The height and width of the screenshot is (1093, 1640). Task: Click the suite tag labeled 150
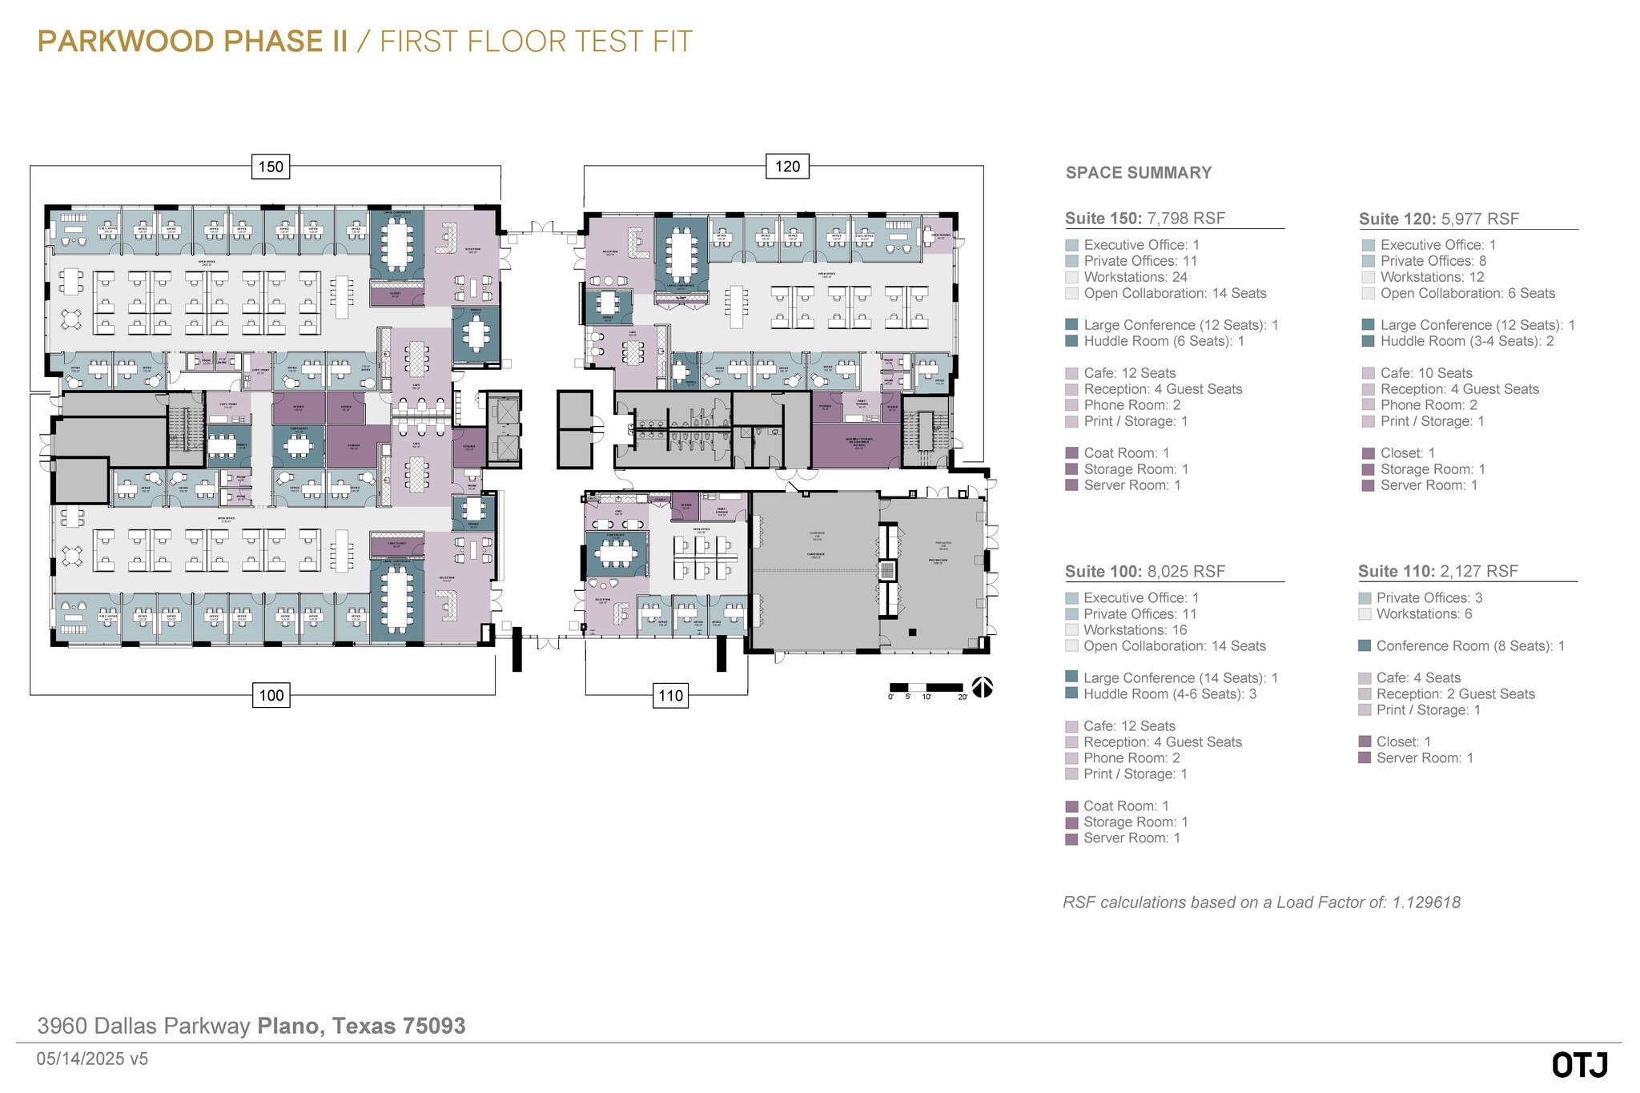(271, 167)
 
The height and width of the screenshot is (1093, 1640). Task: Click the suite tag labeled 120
(787, 167)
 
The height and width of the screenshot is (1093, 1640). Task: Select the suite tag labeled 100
(271, 695)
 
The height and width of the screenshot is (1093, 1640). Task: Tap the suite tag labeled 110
(670, 695)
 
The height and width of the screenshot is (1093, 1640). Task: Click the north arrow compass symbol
(983, 688)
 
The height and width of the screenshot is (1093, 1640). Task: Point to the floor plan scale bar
(927, 688)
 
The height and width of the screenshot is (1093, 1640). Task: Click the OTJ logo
(1579, 1065)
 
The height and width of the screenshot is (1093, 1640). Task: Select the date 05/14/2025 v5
(92, 1059)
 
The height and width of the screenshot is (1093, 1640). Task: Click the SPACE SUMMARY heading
(1138, 173)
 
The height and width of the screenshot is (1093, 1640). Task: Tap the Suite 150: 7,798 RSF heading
(1144, 219)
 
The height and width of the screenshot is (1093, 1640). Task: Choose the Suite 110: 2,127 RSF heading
(1437, 571)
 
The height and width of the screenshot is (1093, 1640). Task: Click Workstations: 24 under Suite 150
(1135, 277)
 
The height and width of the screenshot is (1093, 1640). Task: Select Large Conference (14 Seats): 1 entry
(1180, 678)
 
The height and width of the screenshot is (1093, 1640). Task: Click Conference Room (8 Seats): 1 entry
(1469, 646)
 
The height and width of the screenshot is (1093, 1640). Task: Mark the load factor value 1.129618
(1426, 902)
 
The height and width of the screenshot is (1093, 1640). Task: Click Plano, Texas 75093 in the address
(361, 1026)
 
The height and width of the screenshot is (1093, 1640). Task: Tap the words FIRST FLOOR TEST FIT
(536, 42)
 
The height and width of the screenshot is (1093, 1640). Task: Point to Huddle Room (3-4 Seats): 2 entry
(1466, 341)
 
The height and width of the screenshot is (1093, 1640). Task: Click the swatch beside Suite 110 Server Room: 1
(1365, 757)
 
